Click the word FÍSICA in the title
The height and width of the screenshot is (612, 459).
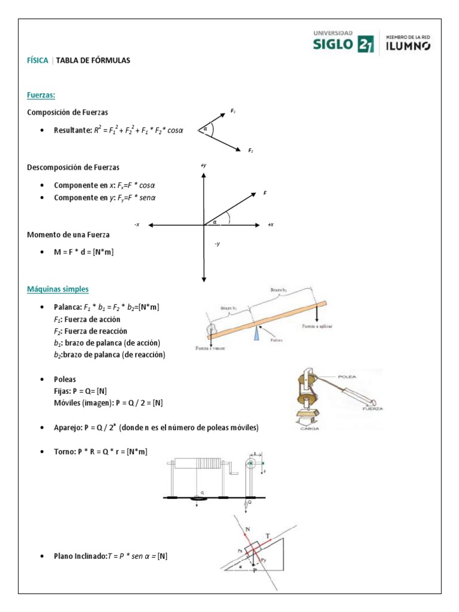[38, 60]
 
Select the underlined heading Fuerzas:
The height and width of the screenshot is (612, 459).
[41, 95]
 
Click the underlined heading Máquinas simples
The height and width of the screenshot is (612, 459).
[58, 289]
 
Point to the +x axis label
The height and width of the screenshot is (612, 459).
[271, 225]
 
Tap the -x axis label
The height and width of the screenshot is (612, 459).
[137, 225]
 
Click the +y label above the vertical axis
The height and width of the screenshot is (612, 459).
[204, 165]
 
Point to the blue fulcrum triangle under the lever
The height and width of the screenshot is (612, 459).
[256, 333]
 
